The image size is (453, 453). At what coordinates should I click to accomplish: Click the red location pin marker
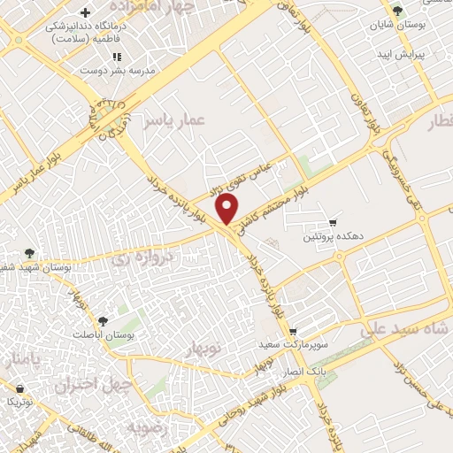tap(228, 210)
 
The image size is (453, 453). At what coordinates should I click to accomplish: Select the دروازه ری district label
tap(146, 258)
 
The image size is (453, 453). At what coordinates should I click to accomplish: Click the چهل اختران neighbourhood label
tap(92, 385)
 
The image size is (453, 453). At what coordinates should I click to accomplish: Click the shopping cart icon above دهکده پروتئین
tap(333, 222)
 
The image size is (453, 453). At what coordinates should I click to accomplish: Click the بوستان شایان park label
tap(395, 26)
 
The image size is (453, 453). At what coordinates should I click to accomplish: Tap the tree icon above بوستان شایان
tap(397, 11)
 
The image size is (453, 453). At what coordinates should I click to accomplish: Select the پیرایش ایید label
tap(400, 55)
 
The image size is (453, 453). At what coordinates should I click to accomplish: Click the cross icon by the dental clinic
tap(85, 12)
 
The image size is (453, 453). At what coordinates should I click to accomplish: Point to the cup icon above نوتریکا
tap(19, 388)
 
